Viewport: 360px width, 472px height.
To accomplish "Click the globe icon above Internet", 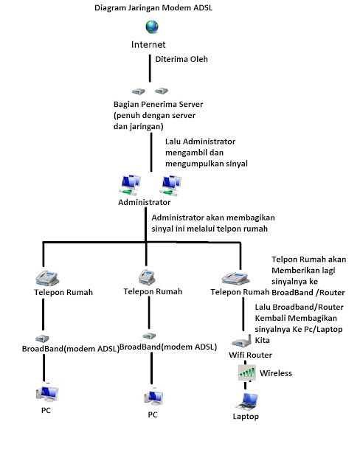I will pos(152,28).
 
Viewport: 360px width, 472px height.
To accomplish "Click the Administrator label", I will pos(144,201).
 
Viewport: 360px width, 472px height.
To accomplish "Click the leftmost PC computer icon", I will pos(46,392).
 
